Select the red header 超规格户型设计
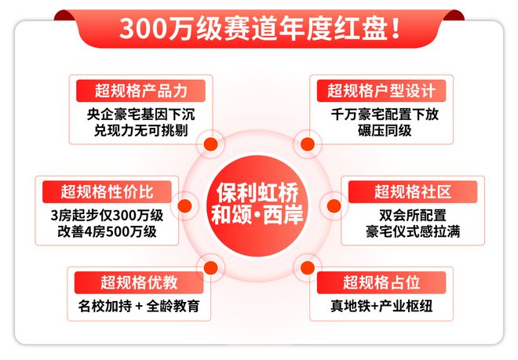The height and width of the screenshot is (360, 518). coord(381,90)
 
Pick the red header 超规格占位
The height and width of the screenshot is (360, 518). coord(381,282)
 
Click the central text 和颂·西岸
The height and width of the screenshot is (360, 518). coord(259,215)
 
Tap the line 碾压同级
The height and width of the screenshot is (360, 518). coord(381,129)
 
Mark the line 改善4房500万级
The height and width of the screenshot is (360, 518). coord(107,231)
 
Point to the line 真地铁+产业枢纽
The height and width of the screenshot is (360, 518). coord(381,305)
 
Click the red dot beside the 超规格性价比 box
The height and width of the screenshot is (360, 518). coord(184,206)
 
